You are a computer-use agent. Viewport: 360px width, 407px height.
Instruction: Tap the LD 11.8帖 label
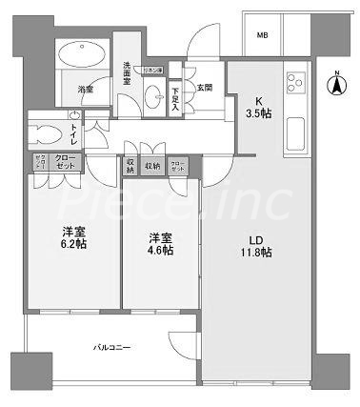click(x=255, y=245)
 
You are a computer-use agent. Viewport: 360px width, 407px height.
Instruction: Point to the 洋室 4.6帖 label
click(x=160, y=244)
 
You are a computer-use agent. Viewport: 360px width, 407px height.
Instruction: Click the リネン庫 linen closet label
click(x=153, y=71)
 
